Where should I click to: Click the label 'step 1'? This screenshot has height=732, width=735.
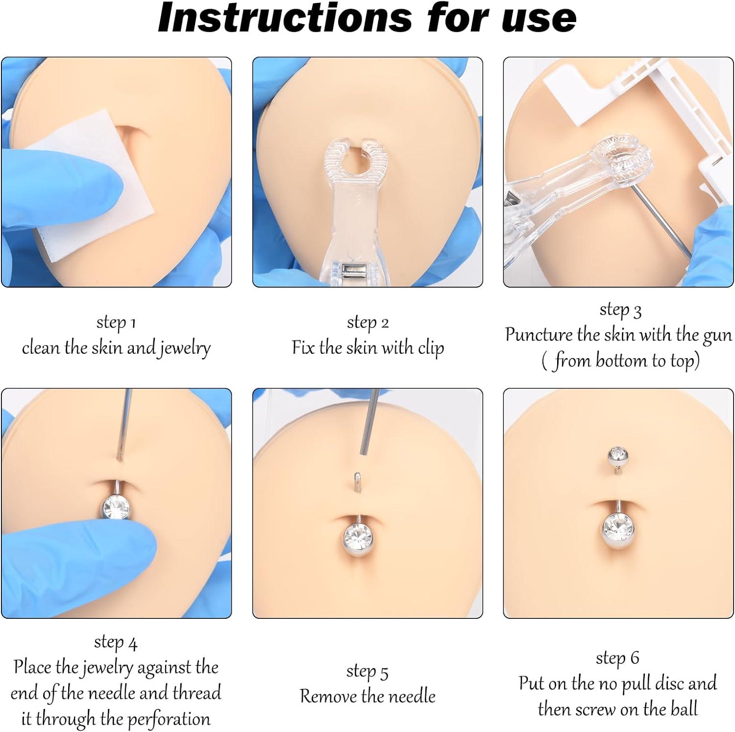pyautogui.click(x=116, y=322)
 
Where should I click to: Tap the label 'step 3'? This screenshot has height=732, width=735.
pyautogui.click(x=620, y=310)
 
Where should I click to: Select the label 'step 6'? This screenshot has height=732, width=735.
pyautogui.click(x=617, y=658)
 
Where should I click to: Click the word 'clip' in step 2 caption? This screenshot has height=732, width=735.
pyautogui.click(x=431, y=347)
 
